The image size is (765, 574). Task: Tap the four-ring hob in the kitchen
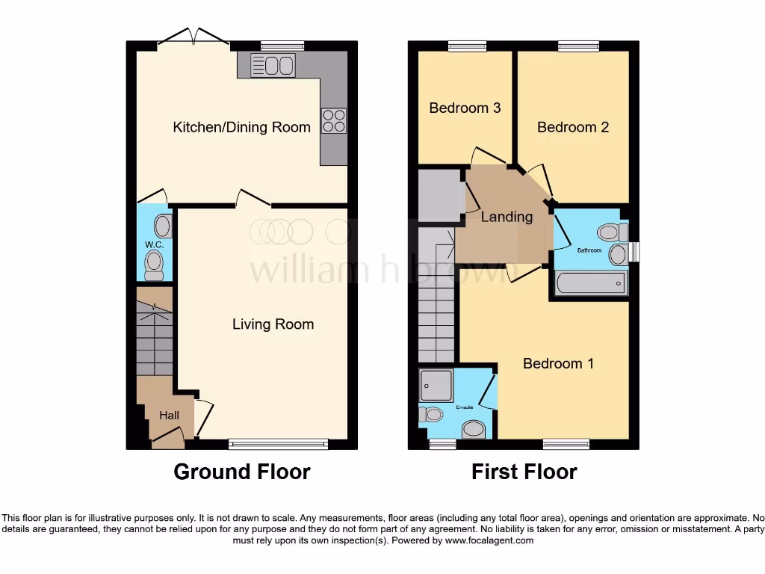333,121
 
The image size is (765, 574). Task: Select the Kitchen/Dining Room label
241,127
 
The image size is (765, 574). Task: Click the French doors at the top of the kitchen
193,37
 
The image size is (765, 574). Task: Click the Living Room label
273,324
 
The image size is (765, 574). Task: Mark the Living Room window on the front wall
278,445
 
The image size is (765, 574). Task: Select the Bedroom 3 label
465,108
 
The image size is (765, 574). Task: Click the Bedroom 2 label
572,127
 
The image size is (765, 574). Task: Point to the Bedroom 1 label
558,363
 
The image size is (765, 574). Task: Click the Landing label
507,217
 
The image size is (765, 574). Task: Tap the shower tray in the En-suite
436,386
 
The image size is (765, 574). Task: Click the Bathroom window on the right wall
634,252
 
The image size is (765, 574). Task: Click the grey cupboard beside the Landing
439,196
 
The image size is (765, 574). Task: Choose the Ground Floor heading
241,472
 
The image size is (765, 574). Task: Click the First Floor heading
524,472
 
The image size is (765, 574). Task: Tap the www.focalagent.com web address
490,540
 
